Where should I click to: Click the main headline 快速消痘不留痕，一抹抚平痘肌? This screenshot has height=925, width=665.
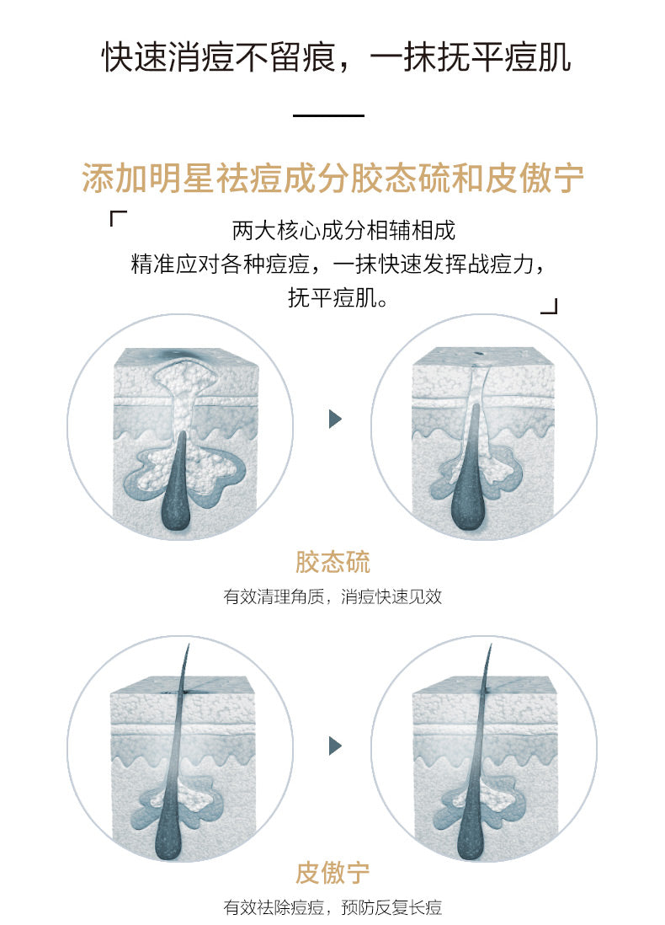click(x=337, y=57)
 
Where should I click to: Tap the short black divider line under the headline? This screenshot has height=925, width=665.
click(x=328, y=115)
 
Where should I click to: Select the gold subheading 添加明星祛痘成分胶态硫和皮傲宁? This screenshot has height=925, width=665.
click(x=332, y=178)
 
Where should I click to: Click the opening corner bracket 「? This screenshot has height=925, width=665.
click(x=118, y=218)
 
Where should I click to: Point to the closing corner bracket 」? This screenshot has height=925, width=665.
click(x=549, y=306)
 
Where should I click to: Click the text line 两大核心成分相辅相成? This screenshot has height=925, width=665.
click(x=343, y=231)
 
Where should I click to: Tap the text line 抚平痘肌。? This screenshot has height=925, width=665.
click(x=338, y=298)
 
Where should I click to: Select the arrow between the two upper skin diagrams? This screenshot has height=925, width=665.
click(x=335, y=419)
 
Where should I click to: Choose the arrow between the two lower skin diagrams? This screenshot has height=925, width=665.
click(x=335, y=746)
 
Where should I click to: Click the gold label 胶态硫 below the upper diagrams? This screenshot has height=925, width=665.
click(x=332, y=562)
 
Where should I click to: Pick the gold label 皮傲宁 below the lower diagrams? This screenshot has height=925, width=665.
click(x=332, y=873)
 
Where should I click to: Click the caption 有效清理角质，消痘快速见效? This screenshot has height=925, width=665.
click(x=332, y=596)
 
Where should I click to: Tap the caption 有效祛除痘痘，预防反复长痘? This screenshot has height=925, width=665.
click(x=332, y=907)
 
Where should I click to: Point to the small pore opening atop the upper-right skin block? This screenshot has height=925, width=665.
click(x=478, y=355)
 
